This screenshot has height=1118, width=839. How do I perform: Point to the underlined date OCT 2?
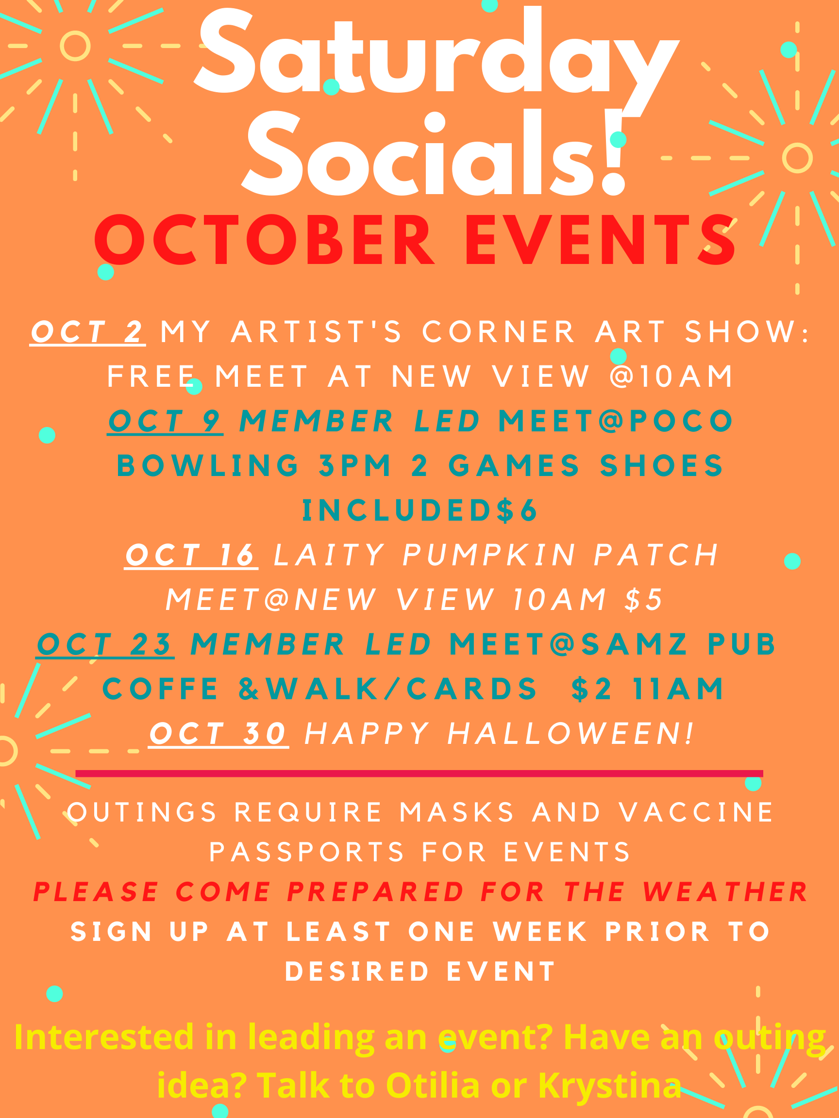point(87,332)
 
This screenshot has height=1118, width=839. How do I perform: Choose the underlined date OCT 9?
point(166,421)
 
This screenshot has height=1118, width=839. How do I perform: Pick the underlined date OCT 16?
point(191,555)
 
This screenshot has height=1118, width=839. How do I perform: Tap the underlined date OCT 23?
point(105,644)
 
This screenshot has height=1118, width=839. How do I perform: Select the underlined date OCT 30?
point(218,733)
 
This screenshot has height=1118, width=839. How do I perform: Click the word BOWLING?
point(209,465)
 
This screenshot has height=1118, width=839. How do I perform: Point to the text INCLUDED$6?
point(420,510)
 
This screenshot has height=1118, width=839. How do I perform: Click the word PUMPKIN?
point(489,555)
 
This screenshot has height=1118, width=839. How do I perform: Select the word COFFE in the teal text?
point(160,689)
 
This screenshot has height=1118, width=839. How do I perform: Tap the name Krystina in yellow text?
point(609,1085)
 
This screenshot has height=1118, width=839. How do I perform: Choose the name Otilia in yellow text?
point(433,1085)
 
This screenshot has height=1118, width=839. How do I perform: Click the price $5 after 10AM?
point(644,599)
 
